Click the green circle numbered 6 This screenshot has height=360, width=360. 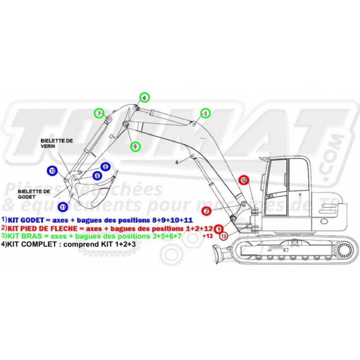pos(144,97)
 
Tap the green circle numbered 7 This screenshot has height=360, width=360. pos(99,113)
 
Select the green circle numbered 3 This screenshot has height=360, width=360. pos(205,113)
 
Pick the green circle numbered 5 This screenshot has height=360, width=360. pos(135,146)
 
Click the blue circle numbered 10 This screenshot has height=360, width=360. pos(53,171)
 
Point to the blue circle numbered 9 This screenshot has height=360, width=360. pos(97,176)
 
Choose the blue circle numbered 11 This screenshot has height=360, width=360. pos(63,207)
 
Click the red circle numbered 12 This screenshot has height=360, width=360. pos(243,180)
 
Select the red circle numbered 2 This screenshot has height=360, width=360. pos(206,211)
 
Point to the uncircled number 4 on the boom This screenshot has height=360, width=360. pos(177,161)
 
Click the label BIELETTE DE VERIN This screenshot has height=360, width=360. pos(57,144)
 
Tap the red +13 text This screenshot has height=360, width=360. pos(207,235)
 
